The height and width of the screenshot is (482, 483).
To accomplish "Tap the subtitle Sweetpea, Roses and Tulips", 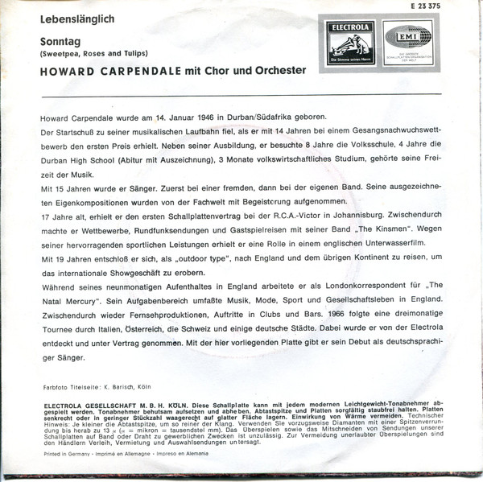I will click(89, 53).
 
